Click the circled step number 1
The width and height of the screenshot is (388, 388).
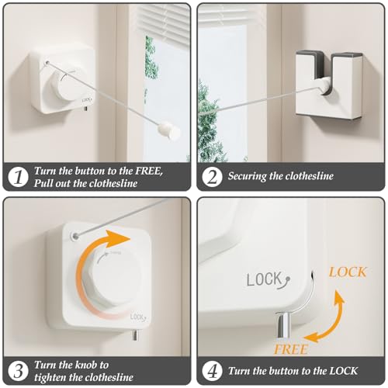click(x=18, y=177)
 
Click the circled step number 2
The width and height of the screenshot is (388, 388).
click(x=212, y=177)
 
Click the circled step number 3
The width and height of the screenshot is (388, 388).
click(x=18, y=371)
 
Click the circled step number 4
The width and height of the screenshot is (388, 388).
click(x=212, y=371)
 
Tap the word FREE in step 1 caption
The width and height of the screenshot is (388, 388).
click(x=149, y=171)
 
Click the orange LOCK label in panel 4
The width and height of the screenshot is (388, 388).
click(x=348, y=272)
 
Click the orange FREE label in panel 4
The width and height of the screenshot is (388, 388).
click(x=290, y=350)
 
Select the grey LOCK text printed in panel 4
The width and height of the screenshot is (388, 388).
click(x=268, y=280)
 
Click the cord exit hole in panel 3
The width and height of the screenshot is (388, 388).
click(x=75, y=236)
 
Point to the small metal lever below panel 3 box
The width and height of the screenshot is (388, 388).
click(x=135, y=335)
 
